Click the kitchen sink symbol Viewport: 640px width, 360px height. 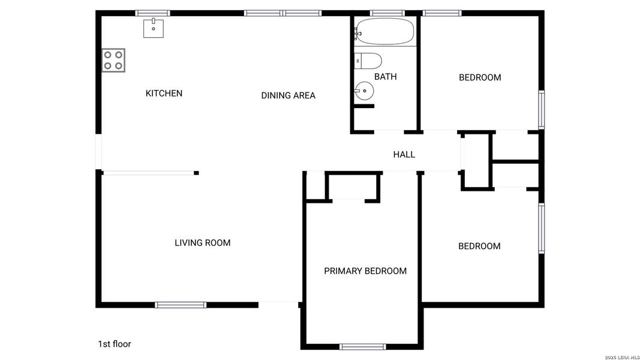point(154,28)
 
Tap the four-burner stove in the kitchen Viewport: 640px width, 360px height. point(113,60)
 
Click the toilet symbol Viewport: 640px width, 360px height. point(368,61)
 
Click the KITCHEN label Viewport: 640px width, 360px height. point(164,93)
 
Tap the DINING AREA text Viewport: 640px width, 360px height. point(288,95)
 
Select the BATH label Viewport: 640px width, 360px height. point(385,77)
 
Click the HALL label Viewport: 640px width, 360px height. point(404,155)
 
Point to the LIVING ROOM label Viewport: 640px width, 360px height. point(202,243)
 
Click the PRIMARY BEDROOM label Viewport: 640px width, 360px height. point(365,271)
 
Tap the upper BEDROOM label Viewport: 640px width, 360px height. point(480,77)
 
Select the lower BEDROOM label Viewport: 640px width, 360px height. point(479,246)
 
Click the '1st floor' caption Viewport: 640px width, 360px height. point(114,344)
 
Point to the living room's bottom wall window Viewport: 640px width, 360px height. point(181,305)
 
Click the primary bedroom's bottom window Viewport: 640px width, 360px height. point(362,346)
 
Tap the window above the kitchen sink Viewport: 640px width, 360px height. point(153,13)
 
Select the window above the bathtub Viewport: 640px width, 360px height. point(387,13)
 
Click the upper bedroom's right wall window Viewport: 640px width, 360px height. point(541,109)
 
